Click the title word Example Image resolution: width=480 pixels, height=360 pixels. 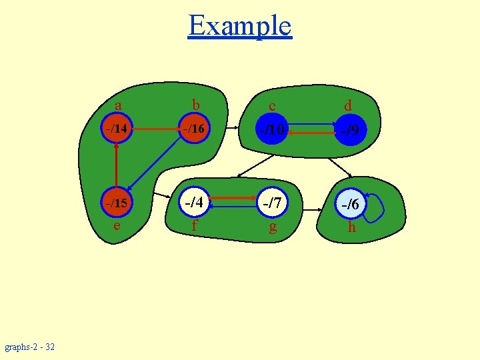click(240, 26)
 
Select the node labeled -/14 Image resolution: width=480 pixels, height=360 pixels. click(117, 128)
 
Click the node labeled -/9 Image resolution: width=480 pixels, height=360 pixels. click(351, 131)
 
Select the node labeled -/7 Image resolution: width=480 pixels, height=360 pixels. click(272, 203)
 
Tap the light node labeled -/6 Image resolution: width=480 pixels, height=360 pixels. click(351, 205)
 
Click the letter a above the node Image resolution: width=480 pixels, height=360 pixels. click(117, 105)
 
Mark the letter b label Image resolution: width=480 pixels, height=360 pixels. click(195, 105)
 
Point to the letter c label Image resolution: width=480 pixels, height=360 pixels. click(272, 106)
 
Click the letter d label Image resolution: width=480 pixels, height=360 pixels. click(348, 105)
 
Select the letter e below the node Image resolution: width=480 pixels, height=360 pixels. click(117, 225)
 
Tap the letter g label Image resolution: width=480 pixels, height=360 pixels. click(272, 227)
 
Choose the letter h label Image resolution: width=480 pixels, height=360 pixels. click(351, 227)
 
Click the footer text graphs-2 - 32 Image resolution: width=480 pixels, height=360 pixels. click(30, 347)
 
